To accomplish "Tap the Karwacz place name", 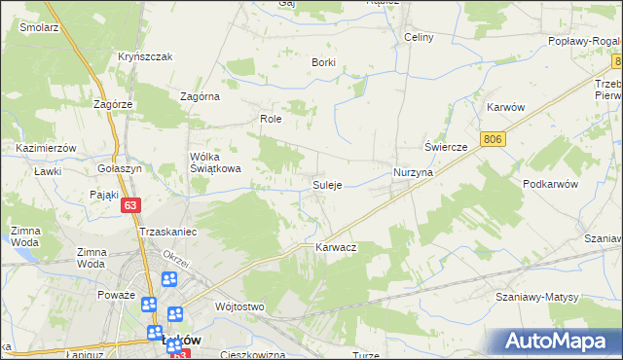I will click(336, 248).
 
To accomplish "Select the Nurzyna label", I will click(413, 172).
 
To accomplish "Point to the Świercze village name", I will click(447, 146).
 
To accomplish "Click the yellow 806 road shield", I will click(494, 140).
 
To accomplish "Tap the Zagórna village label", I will click(202, 96).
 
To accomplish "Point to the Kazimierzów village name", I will click(47, 147).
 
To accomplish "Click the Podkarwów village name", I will click(551, 183).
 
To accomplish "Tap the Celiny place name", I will click(419, 37).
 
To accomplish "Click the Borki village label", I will click(323, 62).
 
